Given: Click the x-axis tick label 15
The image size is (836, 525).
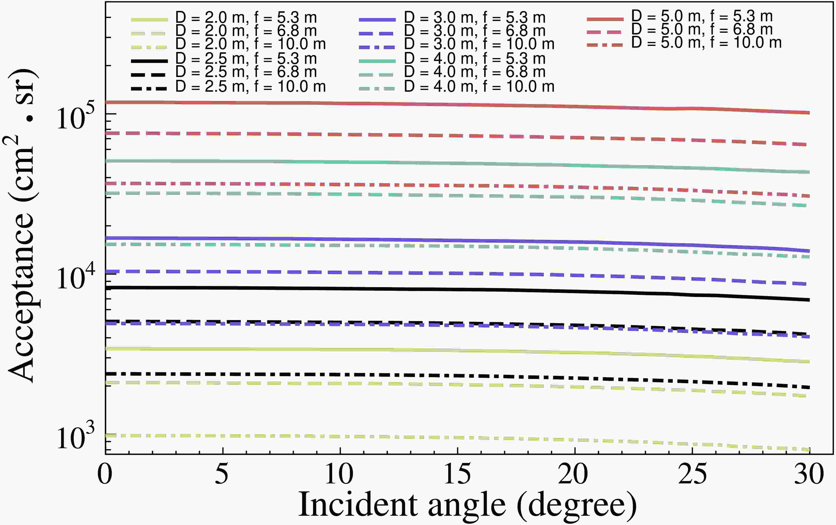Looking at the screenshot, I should [x=457, y=474].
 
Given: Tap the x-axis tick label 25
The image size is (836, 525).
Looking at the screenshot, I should [x=692, y=474].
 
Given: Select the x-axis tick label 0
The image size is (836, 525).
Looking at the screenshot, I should [x=105, y=474].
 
